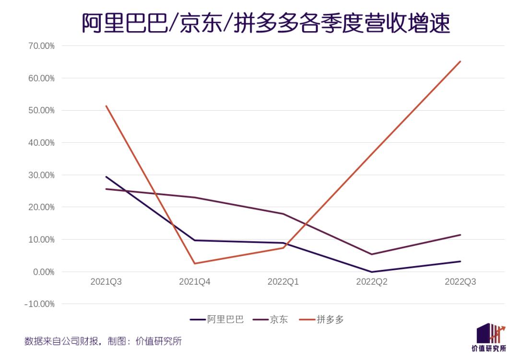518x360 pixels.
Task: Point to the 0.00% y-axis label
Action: pyautogui.click(x=41, y=272)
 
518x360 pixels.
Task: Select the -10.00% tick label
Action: pyautogui.click(x=39, y=304)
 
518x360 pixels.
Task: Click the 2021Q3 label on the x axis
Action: pyautogui.click(x=106, y=282)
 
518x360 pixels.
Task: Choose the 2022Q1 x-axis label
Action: pyautogui.click(x=283, y=282)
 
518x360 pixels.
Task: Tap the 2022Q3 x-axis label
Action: pyautogui.click(x=460, y=282)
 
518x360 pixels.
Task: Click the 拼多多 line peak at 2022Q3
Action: pyautogui.click(x=460, y=61)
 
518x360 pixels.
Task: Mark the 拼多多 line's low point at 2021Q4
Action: pyautogui.click(x=195, y=264)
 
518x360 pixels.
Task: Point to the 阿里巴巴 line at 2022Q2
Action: pyautogui.click(x=372, y=272)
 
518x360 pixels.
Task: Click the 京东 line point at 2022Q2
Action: pyautogui.click(x=372, y=254)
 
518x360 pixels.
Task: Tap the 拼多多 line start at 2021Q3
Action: pyautogui.click(x=106, y=106)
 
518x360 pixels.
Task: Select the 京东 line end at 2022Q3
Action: pyautogui.click(x=460, y=235)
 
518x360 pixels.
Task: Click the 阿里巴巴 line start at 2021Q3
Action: pyautogui.click(x=106, y=177)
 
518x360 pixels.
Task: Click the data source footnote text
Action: pyautogui.click(x=103, y=341)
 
